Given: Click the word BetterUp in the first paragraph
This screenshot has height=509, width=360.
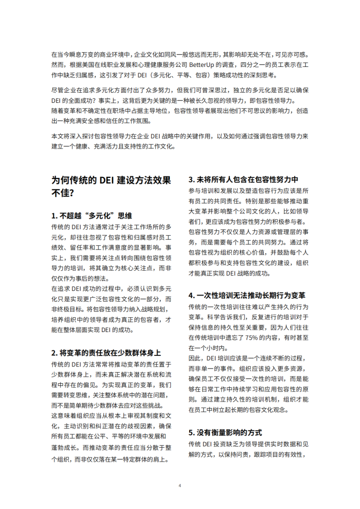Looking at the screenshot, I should click(202, 65).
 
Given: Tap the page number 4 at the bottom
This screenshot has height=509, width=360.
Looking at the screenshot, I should click(179, 485).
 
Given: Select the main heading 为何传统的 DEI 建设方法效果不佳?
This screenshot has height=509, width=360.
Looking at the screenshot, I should click(112, 186).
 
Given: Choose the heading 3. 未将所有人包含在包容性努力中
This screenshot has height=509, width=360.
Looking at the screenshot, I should click(243, 179).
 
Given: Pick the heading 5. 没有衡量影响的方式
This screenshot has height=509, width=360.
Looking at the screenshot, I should click(225, 432).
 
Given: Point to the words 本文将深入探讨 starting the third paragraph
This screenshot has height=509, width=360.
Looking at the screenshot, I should click(71, 136).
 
